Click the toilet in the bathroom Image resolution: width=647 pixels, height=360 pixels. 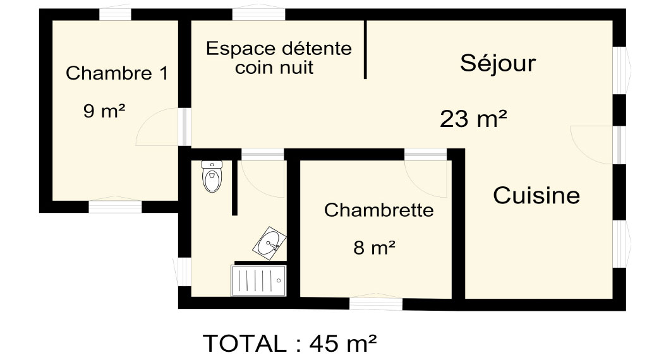[212, 176]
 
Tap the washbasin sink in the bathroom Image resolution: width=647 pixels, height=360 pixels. [270, 243]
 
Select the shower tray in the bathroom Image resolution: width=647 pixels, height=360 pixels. [258, 280]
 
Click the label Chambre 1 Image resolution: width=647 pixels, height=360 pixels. [117, 73]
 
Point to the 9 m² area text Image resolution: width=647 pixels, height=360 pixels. [104, 111]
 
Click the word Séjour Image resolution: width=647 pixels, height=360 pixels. [498, 64]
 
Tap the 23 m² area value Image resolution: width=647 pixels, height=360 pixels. [473, 119]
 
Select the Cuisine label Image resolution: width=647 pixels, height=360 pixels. [536, 195]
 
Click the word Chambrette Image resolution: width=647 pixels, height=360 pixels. [379, 210]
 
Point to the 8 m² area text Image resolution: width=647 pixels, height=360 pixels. [374, 248]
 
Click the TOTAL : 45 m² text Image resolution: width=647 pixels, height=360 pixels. [289, 343]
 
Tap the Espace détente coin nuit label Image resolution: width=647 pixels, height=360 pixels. [279, 57]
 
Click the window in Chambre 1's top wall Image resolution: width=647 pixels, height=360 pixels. [115, 14]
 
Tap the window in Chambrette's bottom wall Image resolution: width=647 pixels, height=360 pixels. [376, 304]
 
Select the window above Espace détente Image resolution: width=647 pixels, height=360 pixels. [258, 14]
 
